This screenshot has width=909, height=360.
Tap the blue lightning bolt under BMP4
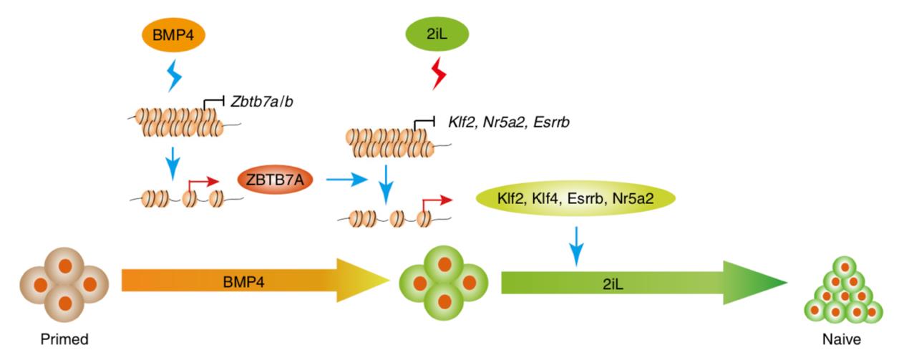click(x=174, y=75)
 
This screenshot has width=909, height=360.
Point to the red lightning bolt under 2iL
click(x=437, y=74)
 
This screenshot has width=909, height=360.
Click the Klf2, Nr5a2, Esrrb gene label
click(x=509, y=122)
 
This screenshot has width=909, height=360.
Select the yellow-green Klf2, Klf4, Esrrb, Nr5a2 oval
click(x=575, y=200)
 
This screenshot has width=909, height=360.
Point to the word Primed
click(x=64, y=339)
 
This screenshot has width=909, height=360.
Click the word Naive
click(x=842, y=339)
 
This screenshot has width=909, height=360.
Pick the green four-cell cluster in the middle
click(x=444, y=283)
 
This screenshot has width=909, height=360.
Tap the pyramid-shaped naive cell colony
click(x=845, y=293)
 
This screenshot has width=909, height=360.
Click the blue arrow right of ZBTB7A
click(x=346, y=182)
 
